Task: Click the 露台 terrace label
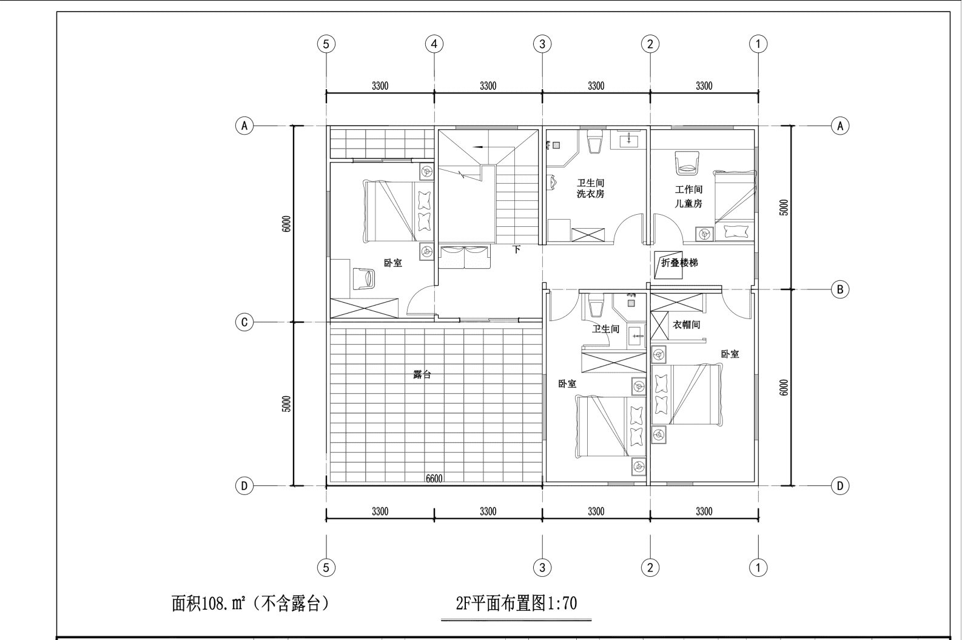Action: tap(422, 374)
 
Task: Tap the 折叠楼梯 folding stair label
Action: tap(679, 263)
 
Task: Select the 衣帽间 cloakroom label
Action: tap(686, 325)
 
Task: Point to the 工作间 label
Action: tap(688, 189)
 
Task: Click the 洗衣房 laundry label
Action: tap(591, 194)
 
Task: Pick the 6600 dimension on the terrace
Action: tap(434, 479)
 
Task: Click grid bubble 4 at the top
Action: tap(434, 44)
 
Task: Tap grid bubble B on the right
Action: tap(840, 289)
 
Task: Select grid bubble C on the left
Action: tap(244, 322)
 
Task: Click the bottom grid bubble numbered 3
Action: tap(542, 568)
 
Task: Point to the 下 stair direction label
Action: tap(517, 249)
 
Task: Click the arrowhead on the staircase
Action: tap(477, 147)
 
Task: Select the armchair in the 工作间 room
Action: tap(687, 163)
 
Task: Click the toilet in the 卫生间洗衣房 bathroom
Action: tap(595, 141)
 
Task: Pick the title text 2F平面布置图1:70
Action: tap(516, 603)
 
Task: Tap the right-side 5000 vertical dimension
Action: tap(784, 207)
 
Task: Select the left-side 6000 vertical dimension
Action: tap(286, 224)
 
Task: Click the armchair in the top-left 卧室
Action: tap(364, 279)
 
